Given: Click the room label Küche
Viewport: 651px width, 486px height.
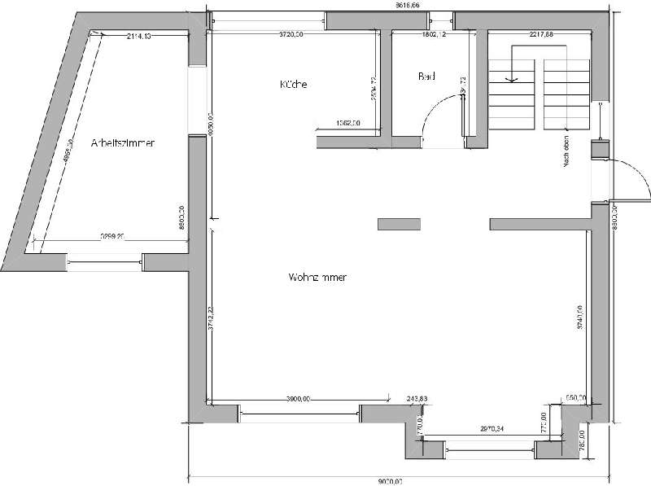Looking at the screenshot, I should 292,85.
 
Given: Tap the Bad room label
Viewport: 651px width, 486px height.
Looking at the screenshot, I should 426,77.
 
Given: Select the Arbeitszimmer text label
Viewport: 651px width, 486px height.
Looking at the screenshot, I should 123,142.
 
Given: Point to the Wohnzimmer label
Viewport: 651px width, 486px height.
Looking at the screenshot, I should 317,278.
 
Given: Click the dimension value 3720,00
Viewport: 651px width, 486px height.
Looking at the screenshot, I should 291,35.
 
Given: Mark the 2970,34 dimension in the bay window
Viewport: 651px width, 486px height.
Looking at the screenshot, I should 492,427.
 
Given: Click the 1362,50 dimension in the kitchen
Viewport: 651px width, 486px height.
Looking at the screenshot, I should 347,124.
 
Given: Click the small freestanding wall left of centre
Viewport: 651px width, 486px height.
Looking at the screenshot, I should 399,223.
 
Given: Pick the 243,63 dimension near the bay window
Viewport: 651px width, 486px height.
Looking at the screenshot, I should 416,399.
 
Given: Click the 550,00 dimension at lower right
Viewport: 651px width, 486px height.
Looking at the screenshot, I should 575,399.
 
